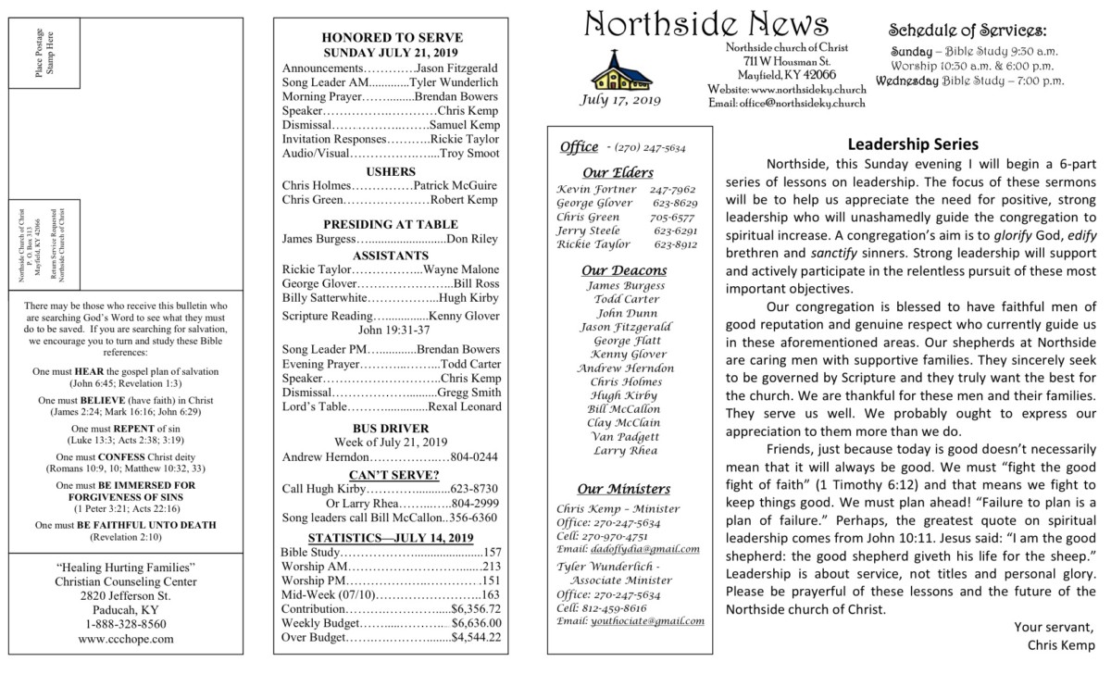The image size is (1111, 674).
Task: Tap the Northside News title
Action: click(706, 26)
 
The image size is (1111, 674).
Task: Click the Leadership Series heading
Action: click(912, 144)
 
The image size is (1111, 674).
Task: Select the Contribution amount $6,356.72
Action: click(476, 608)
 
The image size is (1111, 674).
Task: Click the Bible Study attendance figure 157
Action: click(493, 552)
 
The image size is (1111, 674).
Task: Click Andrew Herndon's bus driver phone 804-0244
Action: click(474, 456)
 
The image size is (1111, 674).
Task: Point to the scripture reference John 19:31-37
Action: click(393, 329)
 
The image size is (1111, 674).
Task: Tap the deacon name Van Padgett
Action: click(625, 436)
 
